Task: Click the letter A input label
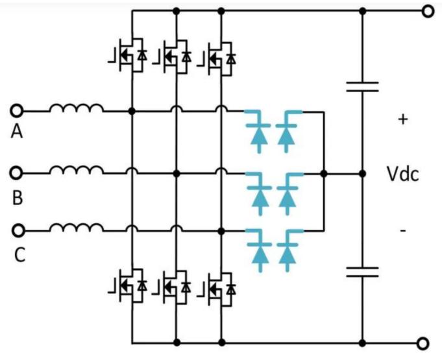coord(18,132)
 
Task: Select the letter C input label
coord(19,255)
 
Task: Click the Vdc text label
coord(403,174)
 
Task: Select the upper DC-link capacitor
coord(362,86)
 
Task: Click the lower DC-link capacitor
coord(362,271)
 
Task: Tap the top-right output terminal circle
coord(427,11)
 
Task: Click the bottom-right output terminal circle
coord(426,342)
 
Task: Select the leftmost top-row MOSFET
coord(127,56)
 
